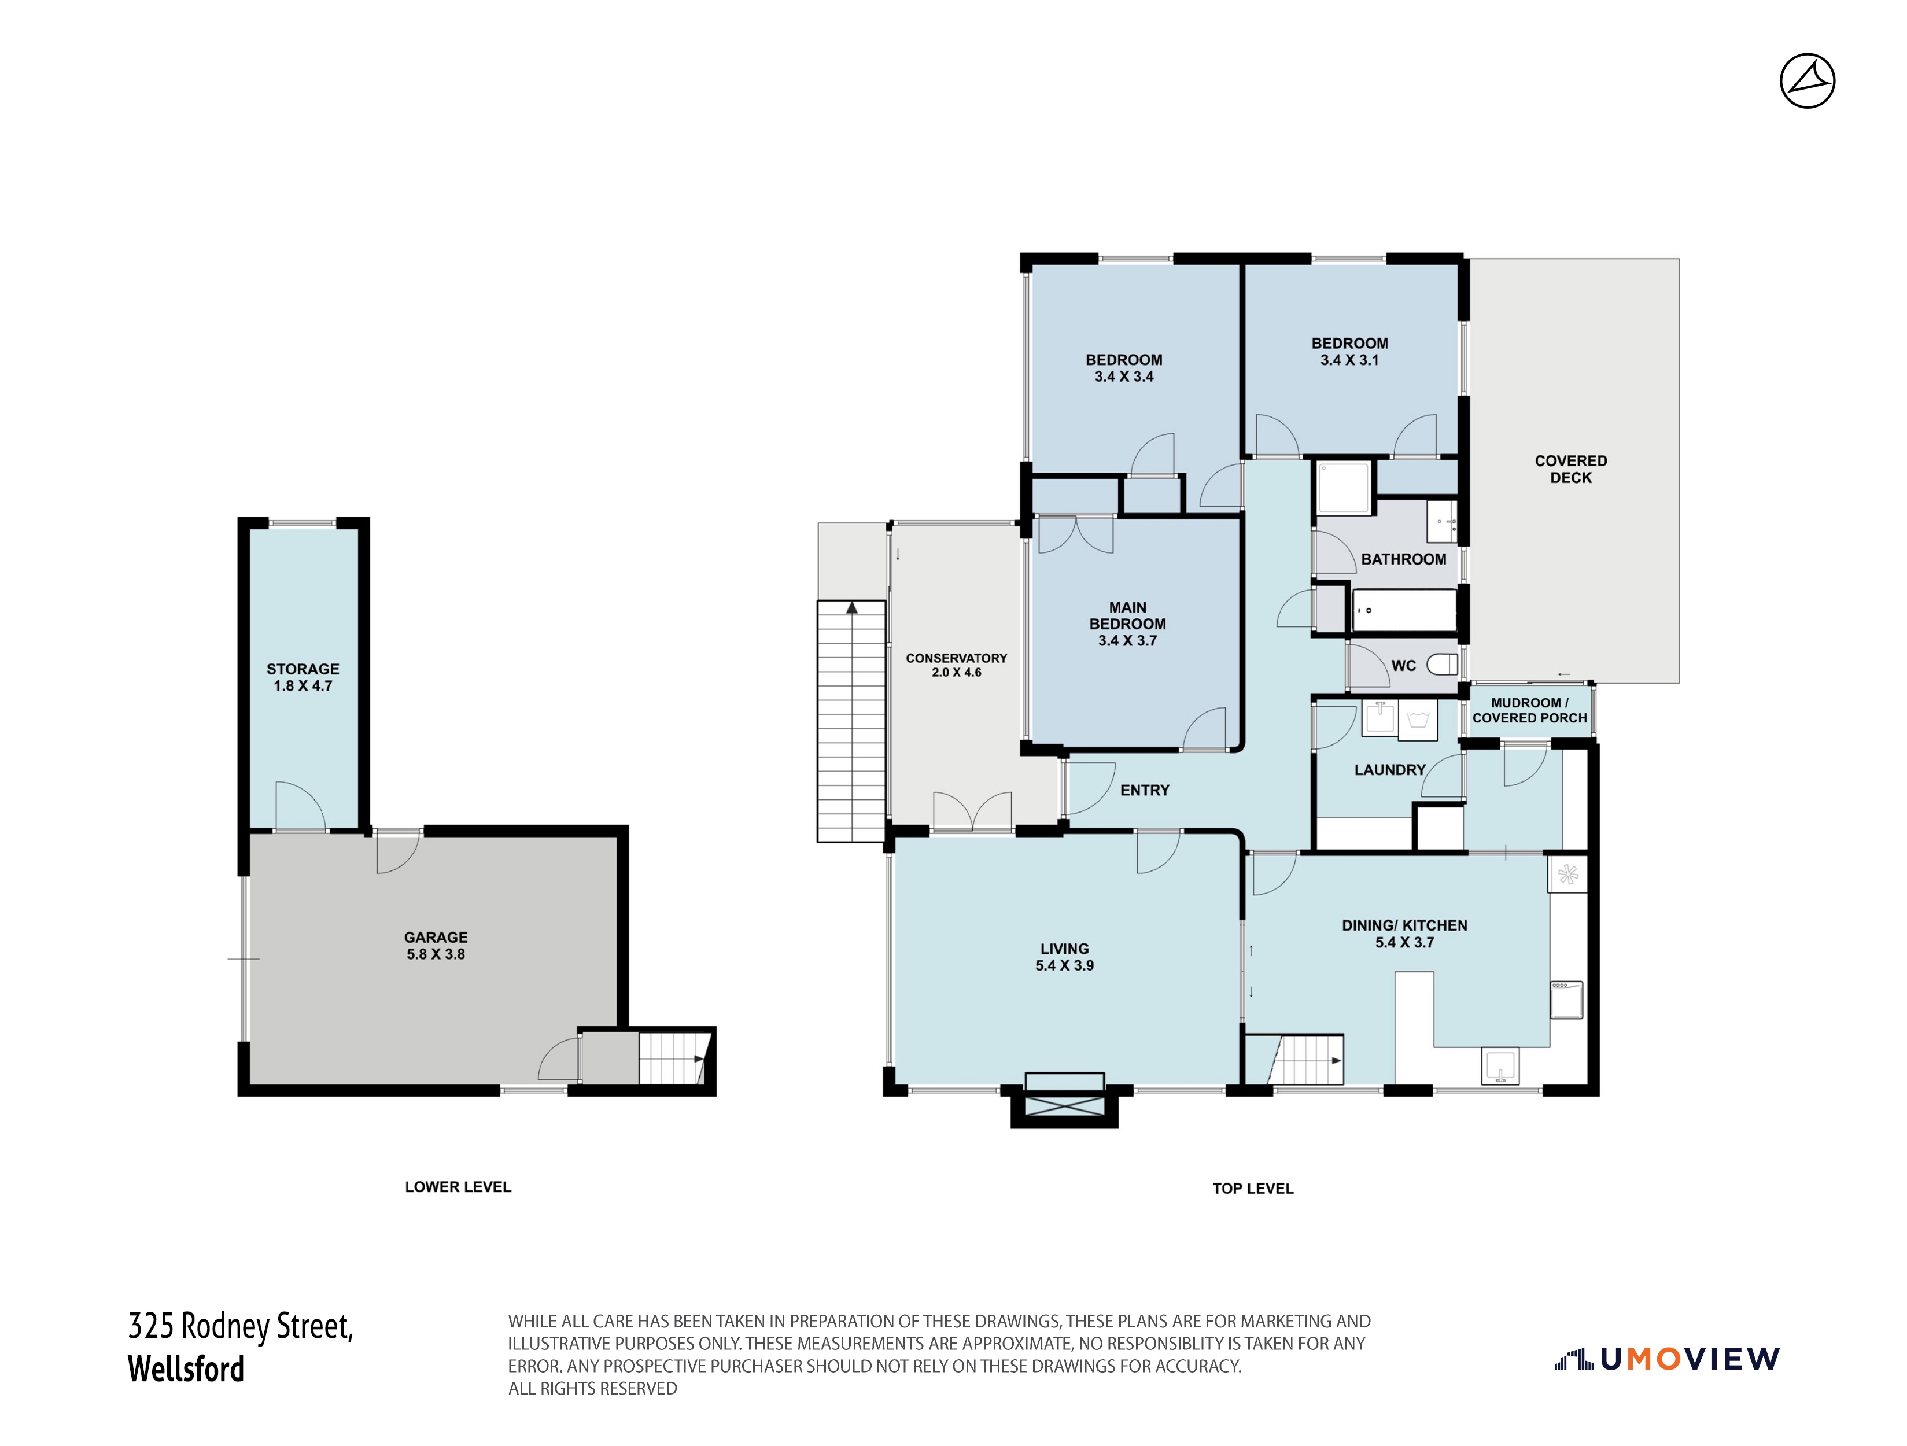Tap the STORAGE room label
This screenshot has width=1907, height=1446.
click(x=303, y=669)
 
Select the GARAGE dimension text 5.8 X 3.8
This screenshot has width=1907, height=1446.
click(x=436, y=954)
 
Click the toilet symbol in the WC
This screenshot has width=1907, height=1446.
click(x=1443, y=665)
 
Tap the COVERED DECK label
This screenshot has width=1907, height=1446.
click(x=1571, y=469)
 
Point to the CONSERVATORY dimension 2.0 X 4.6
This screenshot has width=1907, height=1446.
click(x=956, y=673)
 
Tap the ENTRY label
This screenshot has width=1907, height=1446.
click(x=1145, y=790)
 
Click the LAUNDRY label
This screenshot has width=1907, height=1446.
click(x=1390, y=770)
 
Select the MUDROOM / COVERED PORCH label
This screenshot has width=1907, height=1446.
click(x=1529, y=710)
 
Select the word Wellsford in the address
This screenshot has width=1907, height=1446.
click(x=186, y=1369)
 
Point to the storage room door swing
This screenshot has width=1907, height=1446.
click(x=300, y=806)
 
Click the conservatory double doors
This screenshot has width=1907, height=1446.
click(x=972, y=812)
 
